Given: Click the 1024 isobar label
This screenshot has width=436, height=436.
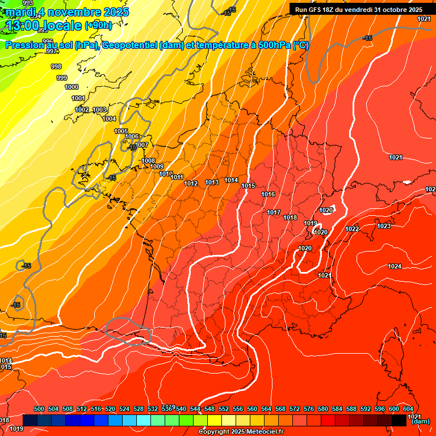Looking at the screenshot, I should coord(395,266).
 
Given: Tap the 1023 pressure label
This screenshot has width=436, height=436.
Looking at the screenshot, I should coord(384,226).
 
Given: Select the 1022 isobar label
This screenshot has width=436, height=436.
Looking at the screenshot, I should coord(352,229).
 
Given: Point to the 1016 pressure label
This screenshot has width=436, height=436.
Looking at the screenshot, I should coord(268,195).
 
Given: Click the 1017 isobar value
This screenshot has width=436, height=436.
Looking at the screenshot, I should coord(274,212).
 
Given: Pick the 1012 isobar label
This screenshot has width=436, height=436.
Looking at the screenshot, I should coord(191,183).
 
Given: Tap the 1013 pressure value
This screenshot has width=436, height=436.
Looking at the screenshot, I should coord(212,182).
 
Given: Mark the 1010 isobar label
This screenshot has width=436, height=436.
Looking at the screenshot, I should coord(166,174).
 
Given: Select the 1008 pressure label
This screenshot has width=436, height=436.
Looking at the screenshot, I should coord(148,161).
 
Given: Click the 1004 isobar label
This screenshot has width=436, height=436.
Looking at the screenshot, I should coord(109,119).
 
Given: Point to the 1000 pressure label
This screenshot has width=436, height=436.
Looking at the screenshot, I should coord(72,87).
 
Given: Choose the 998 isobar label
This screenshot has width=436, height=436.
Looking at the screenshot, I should coord(56,66).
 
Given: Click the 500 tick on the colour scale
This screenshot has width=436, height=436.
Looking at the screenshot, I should coord(39,409).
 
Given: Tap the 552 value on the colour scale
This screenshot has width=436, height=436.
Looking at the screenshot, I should coord(224,409).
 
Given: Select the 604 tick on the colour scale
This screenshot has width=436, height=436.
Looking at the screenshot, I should coord(408,409).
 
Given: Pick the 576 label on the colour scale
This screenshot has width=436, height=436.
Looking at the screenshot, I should coord(309,409).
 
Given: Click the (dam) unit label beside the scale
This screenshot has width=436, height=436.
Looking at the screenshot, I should coord(420,422).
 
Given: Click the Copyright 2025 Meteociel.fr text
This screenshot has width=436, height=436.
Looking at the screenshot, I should coord(241,432).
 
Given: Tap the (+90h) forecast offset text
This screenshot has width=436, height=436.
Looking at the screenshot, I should coord(98,25).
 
